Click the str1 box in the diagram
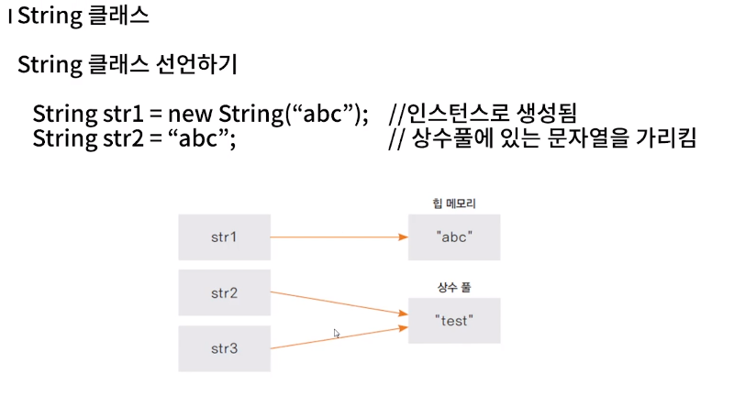tap(224, 237)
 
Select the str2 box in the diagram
tap(224, 293)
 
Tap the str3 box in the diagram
tap(224, 348)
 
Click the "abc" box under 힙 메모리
tap(454, 236)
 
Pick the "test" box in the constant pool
tap(454, 321)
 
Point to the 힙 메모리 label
tap(454, 203)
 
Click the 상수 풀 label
tap(454, 288)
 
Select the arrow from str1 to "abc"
tap(339, 237)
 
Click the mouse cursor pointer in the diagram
tap(337, 333)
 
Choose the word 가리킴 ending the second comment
tap(668, 139)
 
